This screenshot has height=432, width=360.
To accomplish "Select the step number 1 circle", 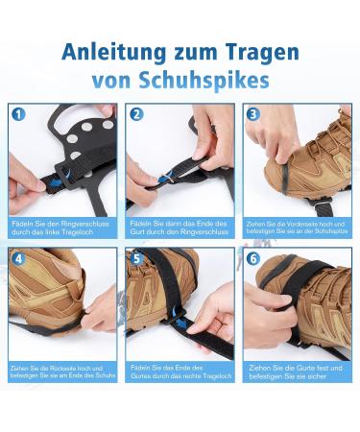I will [18, 114].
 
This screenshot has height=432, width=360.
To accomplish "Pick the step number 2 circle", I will [136, 114].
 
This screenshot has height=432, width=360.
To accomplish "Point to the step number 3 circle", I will [253, 114].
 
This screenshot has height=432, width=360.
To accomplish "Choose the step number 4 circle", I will [18, 257].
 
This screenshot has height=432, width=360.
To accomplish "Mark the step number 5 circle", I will [136, 257].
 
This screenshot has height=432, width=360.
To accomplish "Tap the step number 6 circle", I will [253, 257].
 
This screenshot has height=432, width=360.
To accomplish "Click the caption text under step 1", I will [60, 227].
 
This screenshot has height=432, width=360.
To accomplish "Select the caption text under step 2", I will [179, 227].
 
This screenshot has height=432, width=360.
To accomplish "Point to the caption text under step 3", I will [296, 226].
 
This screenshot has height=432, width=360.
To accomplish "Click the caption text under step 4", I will [62, 371].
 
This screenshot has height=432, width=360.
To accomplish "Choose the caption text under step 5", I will [179, 371].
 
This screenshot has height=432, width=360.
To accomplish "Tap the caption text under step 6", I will [296, 371].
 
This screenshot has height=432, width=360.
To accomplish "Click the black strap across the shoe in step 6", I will [299, 288].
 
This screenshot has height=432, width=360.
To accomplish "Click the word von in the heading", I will [113, 80].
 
